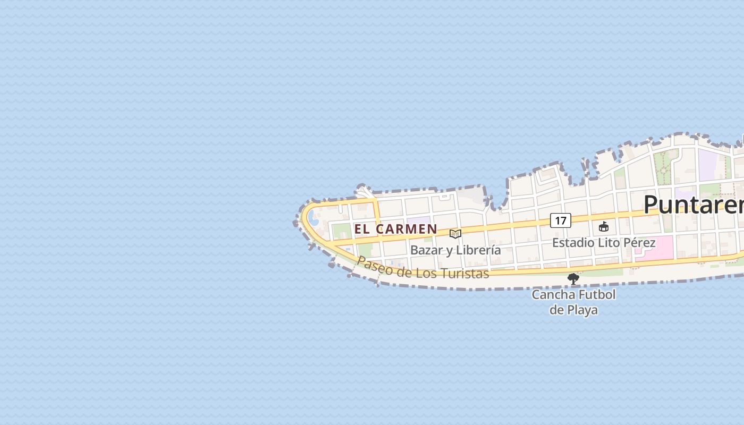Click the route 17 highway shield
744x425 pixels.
click(560, 220)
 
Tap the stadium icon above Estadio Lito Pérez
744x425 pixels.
click(604, 227)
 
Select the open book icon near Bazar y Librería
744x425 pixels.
click(455, 234)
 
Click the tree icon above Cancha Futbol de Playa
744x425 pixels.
click(573, 278)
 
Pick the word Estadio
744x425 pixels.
click(573, 243)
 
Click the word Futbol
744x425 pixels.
click(597, 295)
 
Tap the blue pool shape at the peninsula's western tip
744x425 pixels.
click(313, 218)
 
